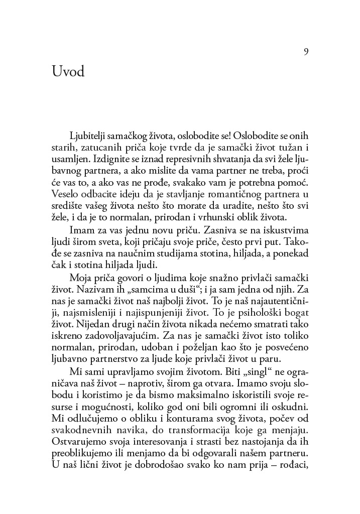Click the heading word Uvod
[68, 72]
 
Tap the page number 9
[305, 52]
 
